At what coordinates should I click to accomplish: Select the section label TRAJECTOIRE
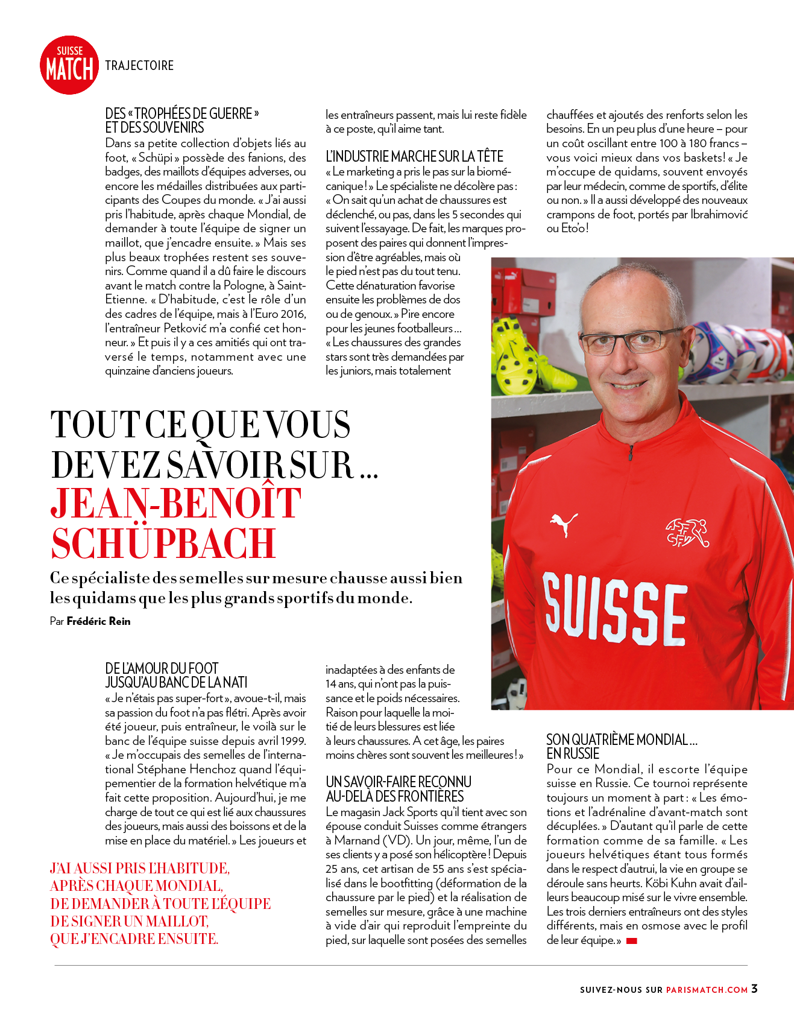click(139, 66)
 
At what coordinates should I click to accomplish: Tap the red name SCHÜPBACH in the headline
click(163, 543)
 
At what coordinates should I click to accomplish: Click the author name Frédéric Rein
click(98, 621)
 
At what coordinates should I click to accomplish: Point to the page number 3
click(754, 989)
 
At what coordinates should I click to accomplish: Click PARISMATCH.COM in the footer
click(707, 990)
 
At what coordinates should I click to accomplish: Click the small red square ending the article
click(631, 941)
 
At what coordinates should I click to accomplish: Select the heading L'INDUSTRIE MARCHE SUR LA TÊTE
click(414, 157)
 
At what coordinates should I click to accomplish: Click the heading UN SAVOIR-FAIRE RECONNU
click(398, 782)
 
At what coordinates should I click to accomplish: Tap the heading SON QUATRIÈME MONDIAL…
click(622, 740)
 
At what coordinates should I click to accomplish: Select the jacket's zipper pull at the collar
click(631, 452)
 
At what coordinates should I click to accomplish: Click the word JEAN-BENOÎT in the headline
click(175, 502)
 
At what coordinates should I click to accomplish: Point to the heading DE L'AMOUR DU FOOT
click(162, 668)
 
